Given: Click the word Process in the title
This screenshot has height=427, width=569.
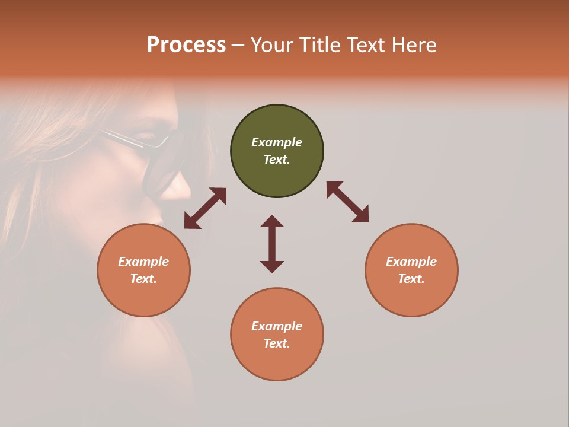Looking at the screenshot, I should click(x=186, y=45).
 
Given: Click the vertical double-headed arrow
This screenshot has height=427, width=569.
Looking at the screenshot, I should click(x=272, y=244).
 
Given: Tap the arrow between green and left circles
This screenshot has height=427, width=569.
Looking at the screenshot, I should click(x=205, y=208).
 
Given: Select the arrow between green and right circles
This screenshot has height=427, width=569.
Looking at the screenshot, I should click(x=347, y=202).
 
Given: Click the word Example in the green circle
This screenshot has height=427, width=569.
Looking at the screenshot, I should click(x=277, y=142).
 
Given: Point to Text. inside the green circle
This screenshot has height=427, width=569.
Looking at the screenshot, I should click(x=277, y=160).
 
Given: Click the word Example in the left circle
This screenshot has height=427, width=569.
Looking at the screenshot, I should click(x=143, y=262).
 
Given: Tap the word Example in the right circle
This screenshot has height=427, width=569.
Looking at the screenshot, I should click(x=411, y=262).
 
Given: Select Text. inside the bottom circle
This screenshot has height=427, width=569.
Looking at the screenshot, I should click(x=277, y=343).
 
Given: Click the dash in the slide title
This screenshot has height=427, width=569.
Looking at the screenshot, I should click(x=238, y=46).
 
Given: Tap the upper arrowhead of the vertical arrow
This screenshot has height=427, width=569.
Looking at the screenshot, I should click(x=272, y=222).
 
